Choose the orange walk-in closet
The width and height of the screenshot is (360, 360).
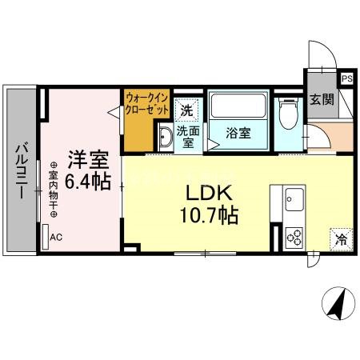(146, 120)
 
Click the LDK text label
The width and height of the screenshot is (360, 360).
(210, 195)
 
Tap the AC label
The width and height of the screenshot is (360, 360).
(56, 237)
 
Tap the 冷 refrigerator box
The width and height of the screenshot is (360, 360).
(341, 238)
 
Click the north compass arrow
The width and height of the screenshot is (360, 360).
(337, 305)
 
